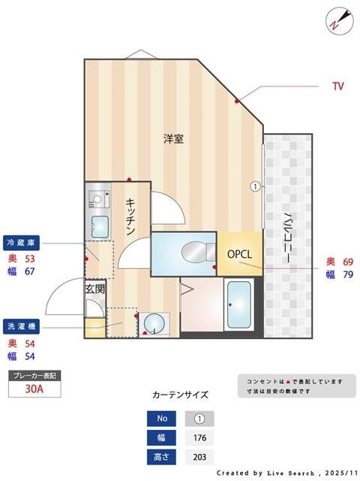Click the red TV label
(x=337, y=86)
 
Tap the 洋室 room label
(x=174, y=139)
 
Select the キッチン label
(x=130, y=216)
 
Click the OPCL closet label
(x=240, y=254)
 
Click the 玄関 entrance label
(x=94, y=288)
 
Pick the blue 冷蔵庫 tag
(x=22, y=243)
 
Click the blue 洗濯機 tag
(x=22, y=327)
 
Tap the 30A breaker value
(x=34, y=389)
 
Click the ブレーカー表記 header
(x=34, y=375)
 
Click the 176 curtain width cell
(x=199, y=438)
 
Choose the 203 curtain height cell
(x=199, y=457)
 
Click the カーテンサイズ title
(x=180, y=395)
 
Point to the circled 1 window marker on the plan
(x=255, y=186)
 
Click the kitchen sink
(x=99, y=224)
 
